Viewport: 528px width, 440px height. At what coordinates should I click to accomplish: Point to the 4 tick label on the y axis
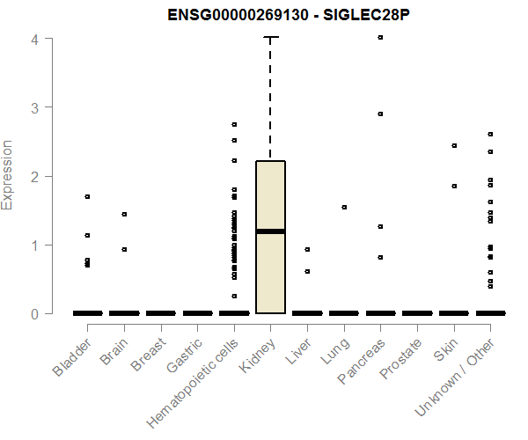pyautogui.click(x=35, y=39)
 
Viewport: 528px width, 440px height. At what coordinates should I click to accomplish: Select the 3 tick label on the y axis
pyautogui.click(x=35, y=107)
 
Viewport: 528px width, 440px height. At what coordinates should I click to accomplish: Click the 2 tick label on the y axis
pyautogui.click(x=35, y=176)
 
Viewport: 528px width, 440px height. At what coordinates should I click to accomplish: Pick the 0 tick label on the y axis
pyautogui.click(x=35, y=313)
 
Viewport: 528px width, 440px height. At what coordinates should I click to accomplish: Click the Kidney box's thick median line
pyautogui.click(x=270, y=231)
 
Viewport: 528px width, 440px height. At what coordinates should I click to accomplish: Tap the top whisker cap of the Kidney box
pyautogui.click(x=271, y=38)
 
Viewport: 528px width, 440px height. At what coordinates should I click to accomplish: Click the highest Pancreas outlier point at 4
pyautogui.click(x=380, y=38)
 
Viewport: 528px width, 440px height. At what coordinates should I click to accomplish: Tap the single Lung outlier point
pyautogui.click(x=344, y=207)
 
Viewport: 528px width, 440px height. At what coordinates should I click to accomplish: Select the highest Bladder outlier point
pyautogui.click(x=87, y=196)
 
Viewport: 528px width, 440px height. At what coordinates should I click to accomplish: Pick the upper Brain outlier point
pyautogui.click(x=124, y=214)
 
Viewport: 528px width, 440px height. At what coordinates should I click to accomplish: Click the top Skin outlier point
pyautogui.click(x=454, y=145)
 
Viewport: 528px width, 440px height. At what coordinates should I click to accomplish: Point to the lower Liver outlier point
pyautogui.click(x=307, y=271)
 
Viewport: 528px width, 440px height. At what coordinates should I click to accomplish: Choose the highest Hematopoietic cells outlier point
pyautogui.click(x=234, y=124)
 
